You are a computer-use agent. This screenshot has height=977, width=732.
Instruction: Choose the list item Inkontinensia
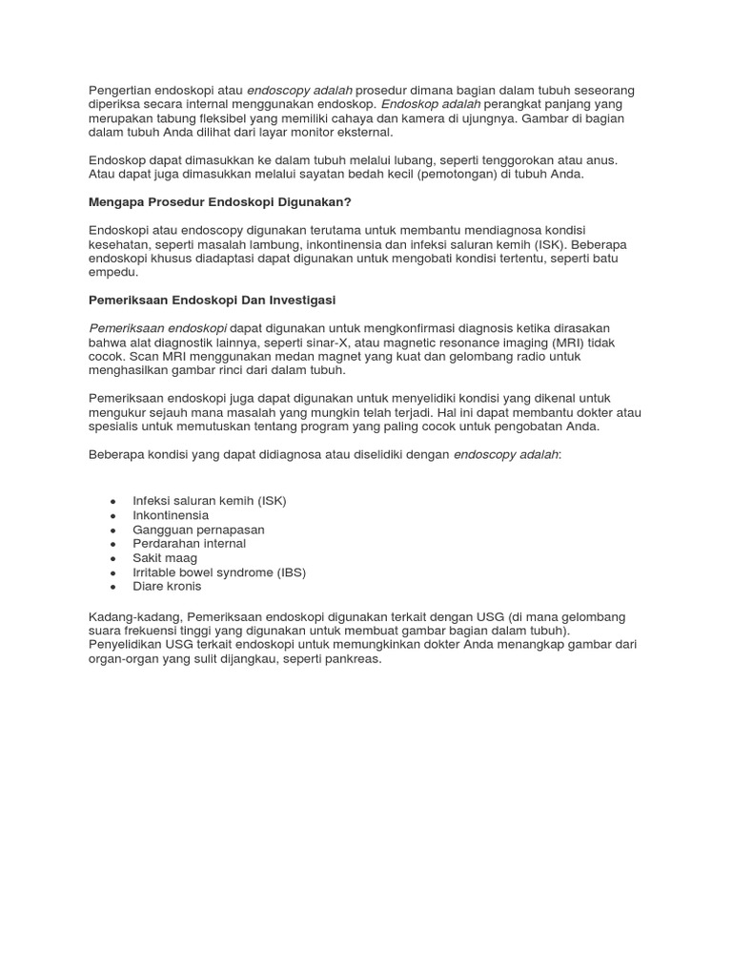coord(171,515)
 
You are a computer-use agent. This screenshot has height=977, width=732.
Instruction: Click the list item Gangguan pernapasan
coord(198,530)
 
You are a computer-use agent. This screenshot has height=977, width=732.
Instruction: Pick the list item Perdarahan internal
coord(189,544)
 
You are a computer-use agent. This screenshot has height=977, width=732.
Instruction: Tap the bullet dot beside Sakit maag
coord(113,559)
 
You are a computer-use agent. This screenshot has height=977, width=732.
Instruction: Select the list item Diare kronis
coord(167,587)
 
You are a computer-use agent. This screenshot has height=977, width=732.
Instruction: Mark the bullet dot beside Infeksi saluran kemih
coord(113,502)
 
